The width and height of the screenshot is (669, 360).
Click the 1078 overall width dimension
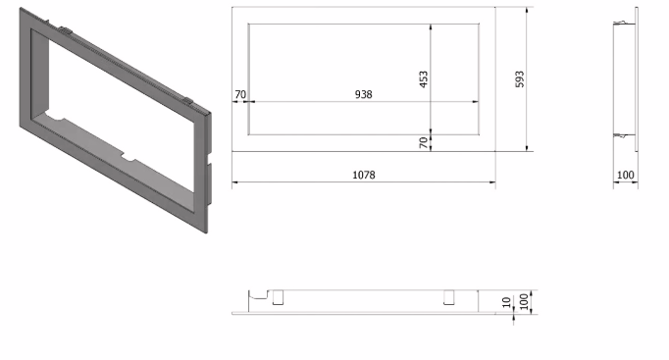click(x=364, y=175)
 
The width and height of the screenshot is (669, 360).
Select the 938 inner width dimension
click(x=364, y=94)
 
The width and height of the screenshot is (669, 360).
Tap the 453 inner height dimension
click(x=423, y=79)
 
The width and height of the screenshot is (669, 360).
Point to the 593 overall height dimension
click(x=520, y=79)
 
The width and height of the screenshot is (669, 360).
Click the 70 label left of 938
click(x=240, y=94)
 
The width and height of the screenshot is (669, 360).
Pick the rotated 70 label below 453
click(x=423, y=142)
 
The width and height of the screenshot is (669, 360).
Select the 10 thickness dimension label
click(x=506, y=302)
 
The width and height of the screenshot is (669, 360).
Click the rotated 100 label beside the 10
click(x=524, y=302)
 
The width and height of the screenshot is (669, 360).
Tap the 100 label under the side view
click(x=626, y=175)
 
